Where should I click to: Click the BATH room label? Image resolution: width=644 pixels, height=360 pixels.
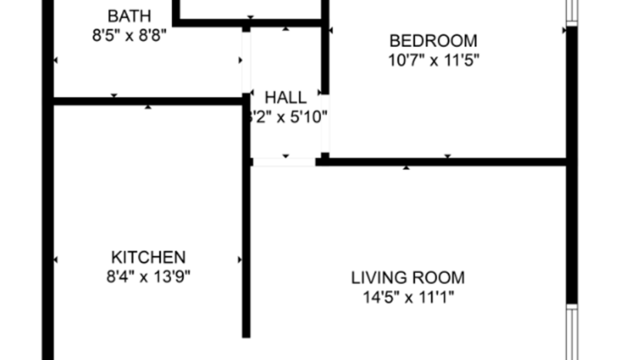click(x=129, y=15)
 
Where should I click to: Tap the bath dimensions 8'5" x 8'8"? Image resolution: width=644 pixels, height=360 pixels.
click(x=129, y=34)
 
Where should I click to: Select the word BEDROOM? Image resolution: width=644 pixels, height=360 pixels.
click(x=433, y=41)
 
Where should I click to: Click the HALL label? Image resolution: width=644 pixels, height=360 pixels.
click(x=285, y=98)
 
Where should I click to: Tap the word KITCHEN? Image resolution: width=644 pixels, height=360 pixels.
click(x=148, y=257)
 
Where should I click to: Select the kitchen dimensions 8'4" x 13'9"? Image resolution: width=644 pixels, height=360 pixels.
click(x=148, y=276)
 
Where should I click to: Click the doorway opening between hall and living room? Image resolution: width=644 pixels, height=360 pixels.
click(x=283, y=161)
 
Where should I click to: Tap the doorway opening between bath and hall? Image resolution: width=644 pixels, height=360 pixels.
click(x=246, y=62)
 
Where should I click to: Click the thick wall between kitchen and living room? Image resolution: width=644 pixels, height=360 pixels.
click(x=247, y=254)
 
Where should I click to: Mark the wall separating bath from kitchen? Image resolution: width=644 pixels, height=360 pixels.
click(x=147, y=100)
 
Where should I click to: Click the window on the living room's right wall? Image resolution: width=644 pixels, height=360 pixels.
click(x=572, y=331)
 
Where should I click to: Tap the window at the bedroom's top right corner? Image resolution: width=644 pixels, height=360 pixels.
click(x=572, y=11)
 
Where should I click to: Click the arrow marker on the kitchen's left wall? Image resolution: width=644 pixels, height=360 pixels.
click(x=56, y=261)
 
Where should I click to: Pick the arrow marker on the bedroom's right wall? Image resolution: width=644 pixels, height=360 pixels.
click(x=566, y=30)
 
